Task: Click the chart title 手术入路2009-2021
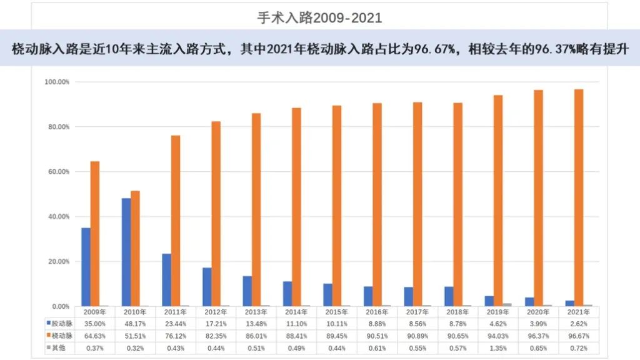tap(319, 18)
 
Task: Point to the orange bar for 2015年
tap(337, 206)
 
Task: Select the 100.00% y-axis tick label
tap(57, 82)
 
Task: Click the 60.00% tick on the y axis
tap(57, 172)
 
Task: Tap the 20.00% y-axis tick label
tap(57, 261)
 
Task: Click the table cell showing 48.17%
tap(135, 323)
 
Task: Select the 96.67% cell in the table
tap(578, 335)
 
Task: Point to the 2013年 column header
tap(256, 311)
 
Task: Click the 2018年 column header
tap(457, 311)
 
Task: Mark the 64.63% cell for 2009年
tap(94, 335)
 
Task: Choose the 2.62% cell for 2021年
tap(578, 323)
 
